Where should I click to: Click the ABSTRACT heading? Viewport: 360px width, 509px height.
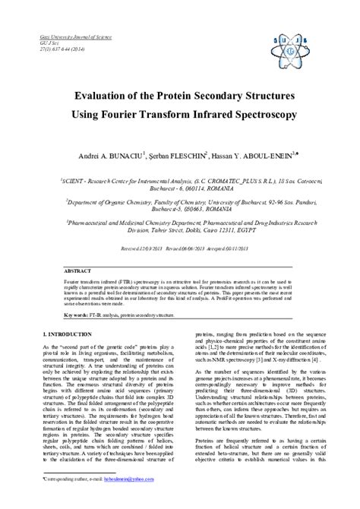[x=78, y=250]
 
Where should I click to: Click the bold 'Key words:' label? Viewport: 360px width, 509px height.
[x=75, y=293]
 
